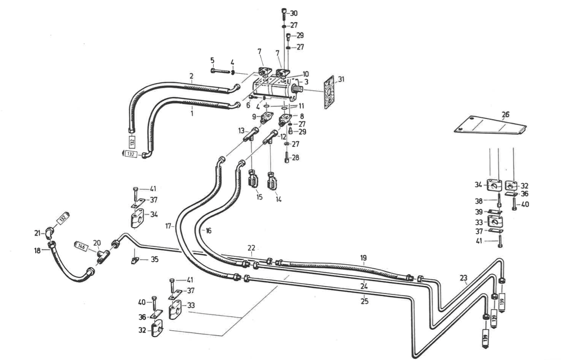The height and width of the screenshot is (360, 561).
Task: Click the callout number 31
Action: (341, 79)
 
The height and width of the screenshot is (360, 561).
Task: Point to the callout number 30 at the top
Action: (294, 13)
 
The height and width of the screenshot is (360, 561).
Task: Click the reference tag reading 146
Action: (81, 246)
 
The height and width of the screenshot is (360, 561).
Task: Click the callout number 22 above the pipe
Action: (251, 248)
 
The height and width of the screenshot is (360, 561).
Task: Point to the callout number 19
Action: (363, 258)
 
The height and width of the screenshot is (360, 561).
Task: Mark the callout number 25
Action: (364, 301)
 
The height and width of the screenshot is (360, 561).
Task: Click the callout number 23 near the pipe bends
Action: (464, 278)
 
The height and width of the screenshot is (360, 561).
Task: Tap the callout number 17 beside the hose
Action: (168, 226)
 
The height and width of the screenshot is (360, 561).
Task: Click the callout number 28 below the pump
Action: (295, 158)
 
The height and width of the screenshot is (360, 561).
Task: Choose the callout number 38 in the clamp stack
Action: (479, 201)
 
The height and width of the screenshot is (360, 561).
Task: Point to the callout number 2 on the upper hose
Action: (191, 76)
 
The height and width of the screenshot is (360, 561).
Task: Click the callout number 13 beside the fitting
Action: (241, 131)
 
